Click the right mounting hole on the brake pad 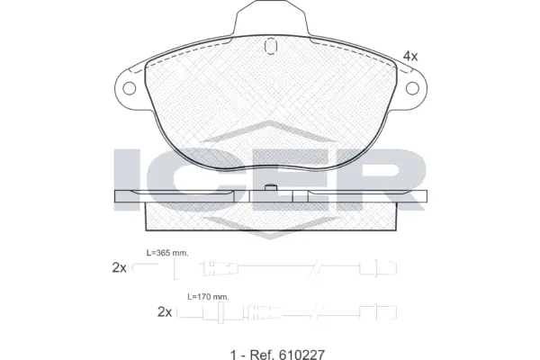417,88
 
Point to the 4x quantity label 409,56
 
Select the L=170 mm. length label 208,296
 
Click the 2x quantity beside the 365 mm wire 119,267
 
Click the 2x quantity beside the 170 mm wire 164,311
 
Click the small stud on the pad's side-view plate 271,189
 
